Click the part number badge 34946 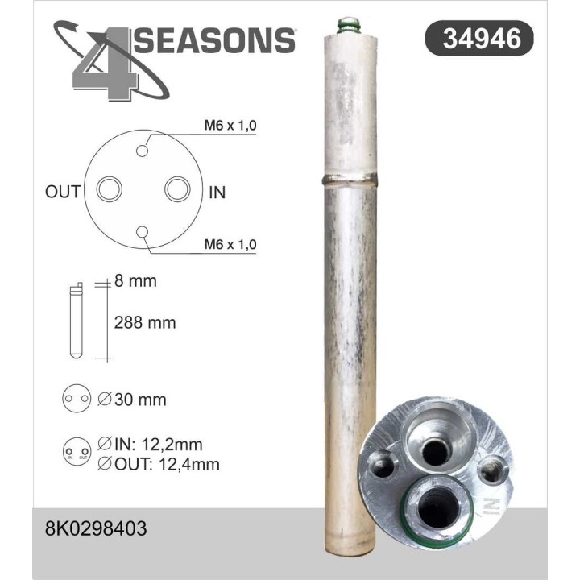[478, 38]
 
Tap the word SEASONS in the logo [215, 39]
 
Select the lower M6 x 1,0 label [230, 243]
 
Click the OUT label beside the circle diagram [63, 192]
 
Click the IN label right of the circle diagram [217, 192]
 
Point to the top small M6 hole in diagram [143, 151]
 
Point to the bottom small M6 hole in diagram [143, 233]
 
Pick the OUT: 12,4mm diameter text [157, 464]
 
